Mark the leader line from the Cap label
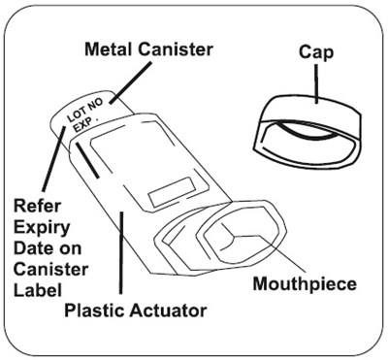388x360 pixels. pyautogui.click(x=317, y=83)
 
